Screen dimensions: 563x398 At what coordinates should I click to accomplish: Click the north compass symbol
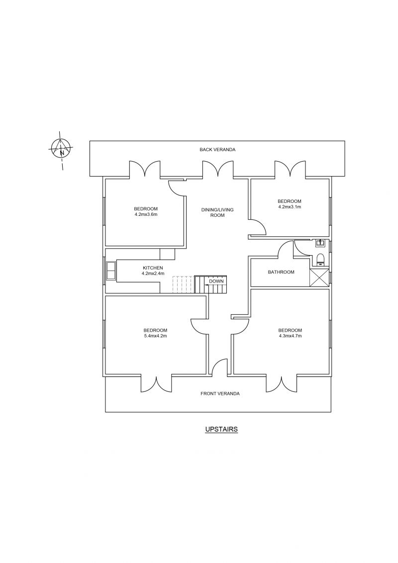(x=61, y=147)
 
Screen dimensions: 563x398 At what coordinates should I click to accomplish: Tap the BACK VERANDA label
(x=217, y=149)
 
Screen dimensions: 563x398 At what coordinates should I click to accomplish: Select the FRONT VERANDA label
(x=220, y=393)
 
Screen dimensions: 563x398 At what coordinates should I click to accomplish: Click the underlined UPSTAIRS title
(x=221, y=429)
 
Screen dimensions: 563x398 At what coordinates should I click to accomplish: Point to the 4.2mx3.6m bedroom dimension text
(x=146, y=214)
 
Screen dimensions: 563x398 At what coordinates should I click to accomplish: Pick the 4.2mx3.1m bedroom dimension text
(x=290, y=207)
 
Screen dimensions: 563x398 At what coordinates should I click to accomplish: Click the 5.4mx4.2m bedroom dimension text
(x=155, y=336)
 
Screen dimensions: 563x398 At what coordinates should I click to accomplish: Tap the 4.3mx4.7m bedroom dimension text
(x=290, y=336)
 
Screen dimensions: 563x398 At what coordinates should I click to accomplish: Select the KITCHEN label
(x=153, y=268)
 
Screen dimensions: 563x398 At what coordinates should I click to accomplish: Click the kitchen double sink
(x=110, y=271)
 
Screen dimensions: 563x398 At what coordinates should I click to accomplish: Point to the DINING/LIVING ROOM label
(x=217, y=212)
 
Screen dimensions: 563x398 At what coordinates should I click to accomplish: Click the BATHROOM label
(x=281, y=272)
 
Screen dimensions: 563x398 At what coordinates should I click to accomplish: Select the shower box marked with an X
(x=319, y=277)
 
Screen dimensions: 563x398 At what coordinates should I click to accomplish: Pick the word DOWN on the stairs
(x=216, y=281)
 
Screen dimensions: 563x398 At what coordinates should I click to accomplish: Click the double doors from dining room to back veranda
(x=217, y=169)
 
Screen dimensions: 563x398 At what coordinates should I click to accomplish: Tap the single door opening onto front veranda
(x=219, y=369)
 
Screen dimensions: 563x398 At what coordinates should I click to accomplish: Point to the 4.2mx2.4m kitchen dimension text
(x=153, y=274)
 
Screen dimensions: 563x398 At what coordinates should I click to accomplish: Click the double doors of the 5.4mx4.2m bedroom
(x=156, y=383)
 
